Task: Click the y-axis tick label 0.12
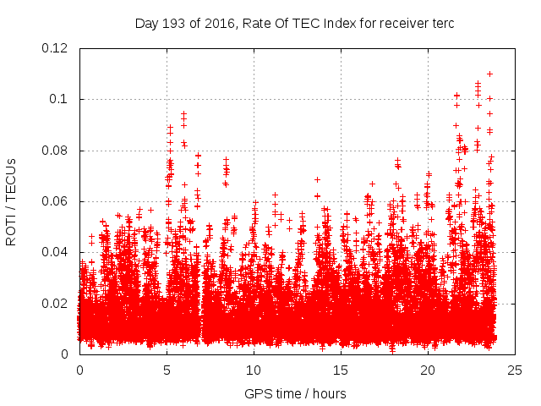pyautogui.click(x=56, y=48)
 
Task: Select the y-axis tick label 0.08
pyautogui.click(x=56, y=151)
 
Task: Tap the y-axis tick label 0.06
pyautogui.click(x=56, y=201)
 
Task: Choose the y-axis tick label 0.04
pyautogui.click(x=56, y=252)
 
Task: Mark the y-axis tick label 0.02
pyautogui.click(x=56, y=303)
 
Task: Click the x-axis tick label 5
pyautogui.click(x=167, y=370)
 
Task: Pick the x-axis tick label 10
pyautogui.click(x=254, y=370)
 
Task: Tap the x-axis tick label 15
pyautogui.click(x=341, y=370)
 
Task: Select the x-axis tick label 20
pyautogui.click(x=428, y=370)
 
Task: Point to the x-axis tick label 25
pyautogui.click(x=515, y=370)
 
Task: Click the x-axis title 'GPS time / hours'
pyautogui.click(x=295, y=393)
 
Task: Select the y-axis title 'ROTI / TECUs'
pyautogui.click(x=11, y=201)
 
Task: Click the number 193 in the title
pyautogui.click(x=175, y=23)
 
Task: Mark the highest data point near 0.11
pyautogui.click(x=489, y=74)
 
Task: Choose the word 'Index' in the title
pyautogui.click(x=337, y=23)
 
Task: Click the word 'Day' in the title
pyautogui.click(x=147, y=23)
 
